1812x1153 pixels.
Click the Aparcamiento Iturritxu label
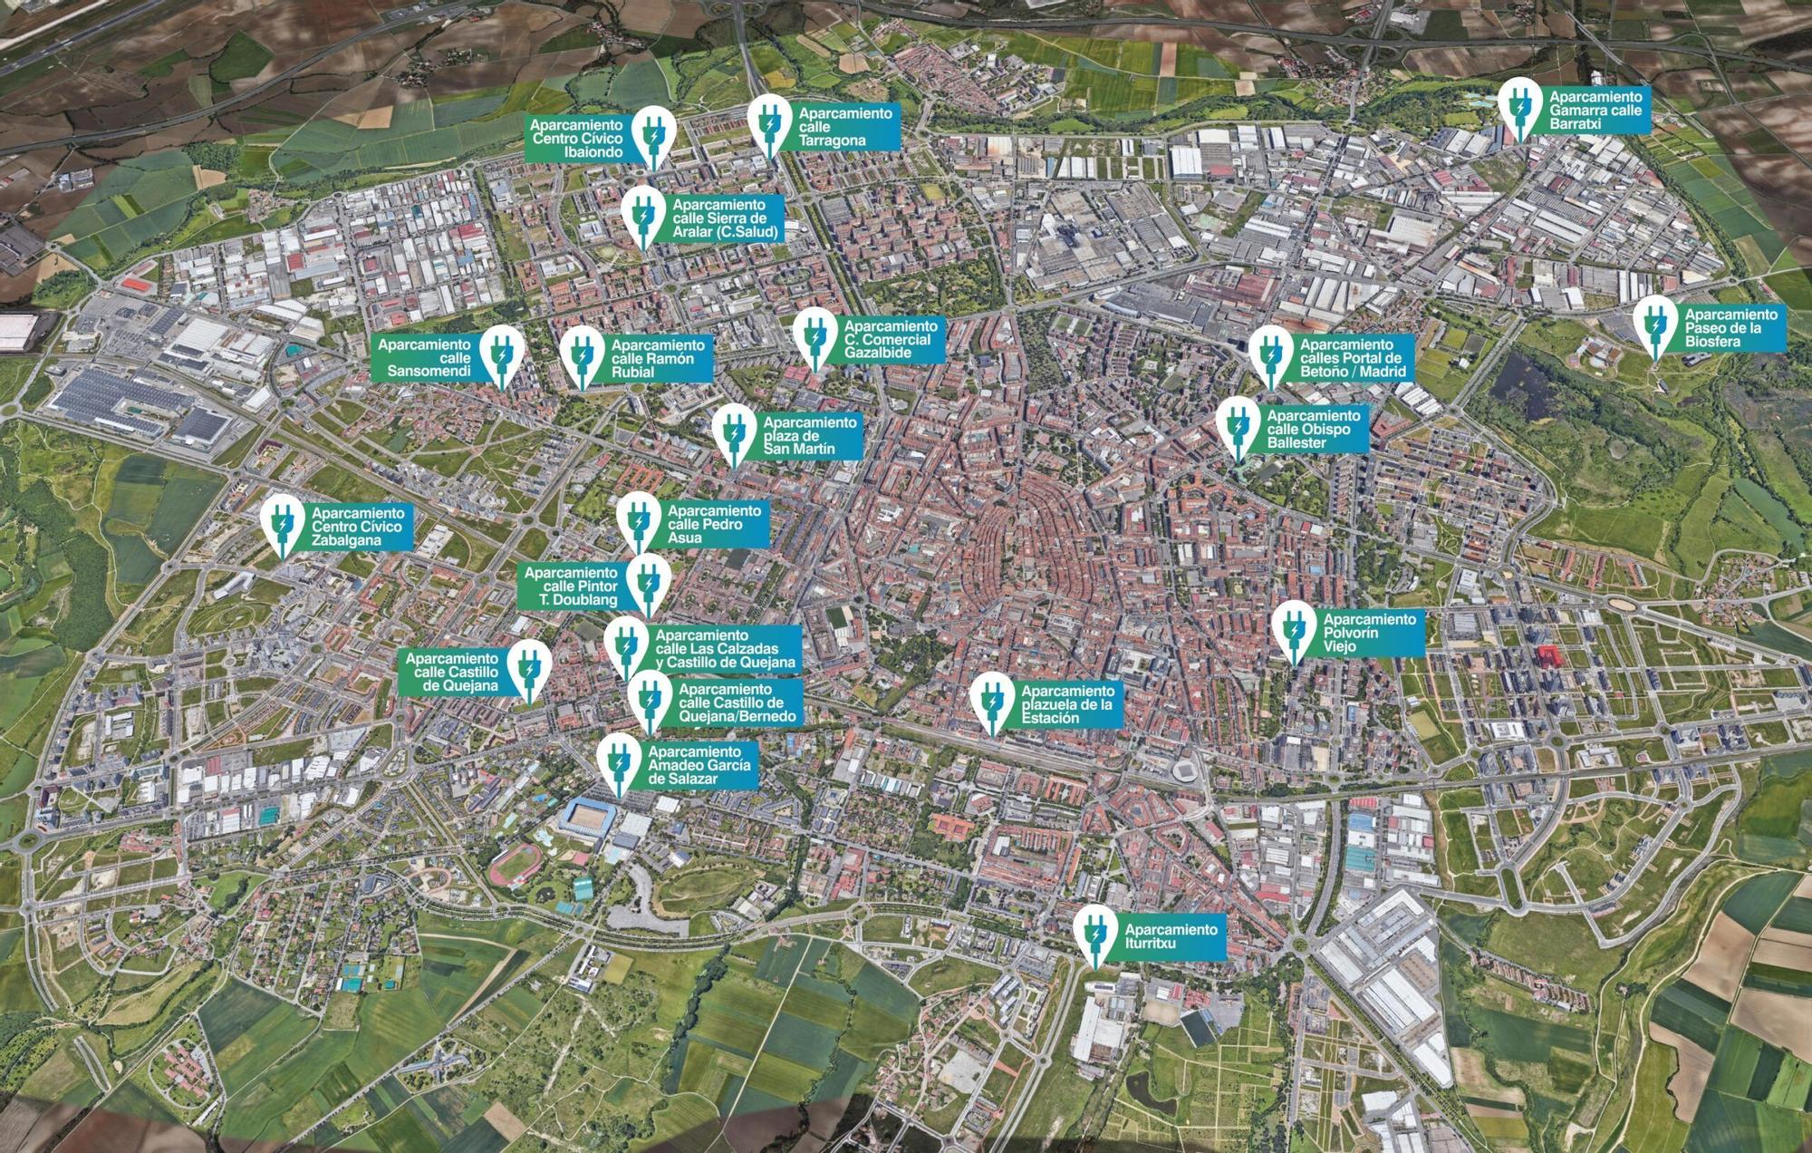(1171, 936)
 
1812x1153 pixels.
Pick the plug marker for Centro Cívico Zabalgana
(283, 524)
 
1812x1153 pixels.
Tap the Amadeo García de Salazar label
(699, 765)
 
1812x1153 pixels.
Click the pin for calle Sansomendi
(501, 353)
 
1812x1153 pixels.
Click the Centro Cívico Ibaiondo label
(577, 139)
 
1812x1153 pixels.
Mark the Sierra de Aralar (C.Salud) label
(725, 218)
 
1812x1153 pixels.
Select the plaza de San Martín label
(809, 436)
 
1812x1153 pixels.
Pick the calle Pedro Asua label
(716, 524)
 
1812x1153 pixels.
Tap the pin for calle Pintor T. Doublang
(649, 580)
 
